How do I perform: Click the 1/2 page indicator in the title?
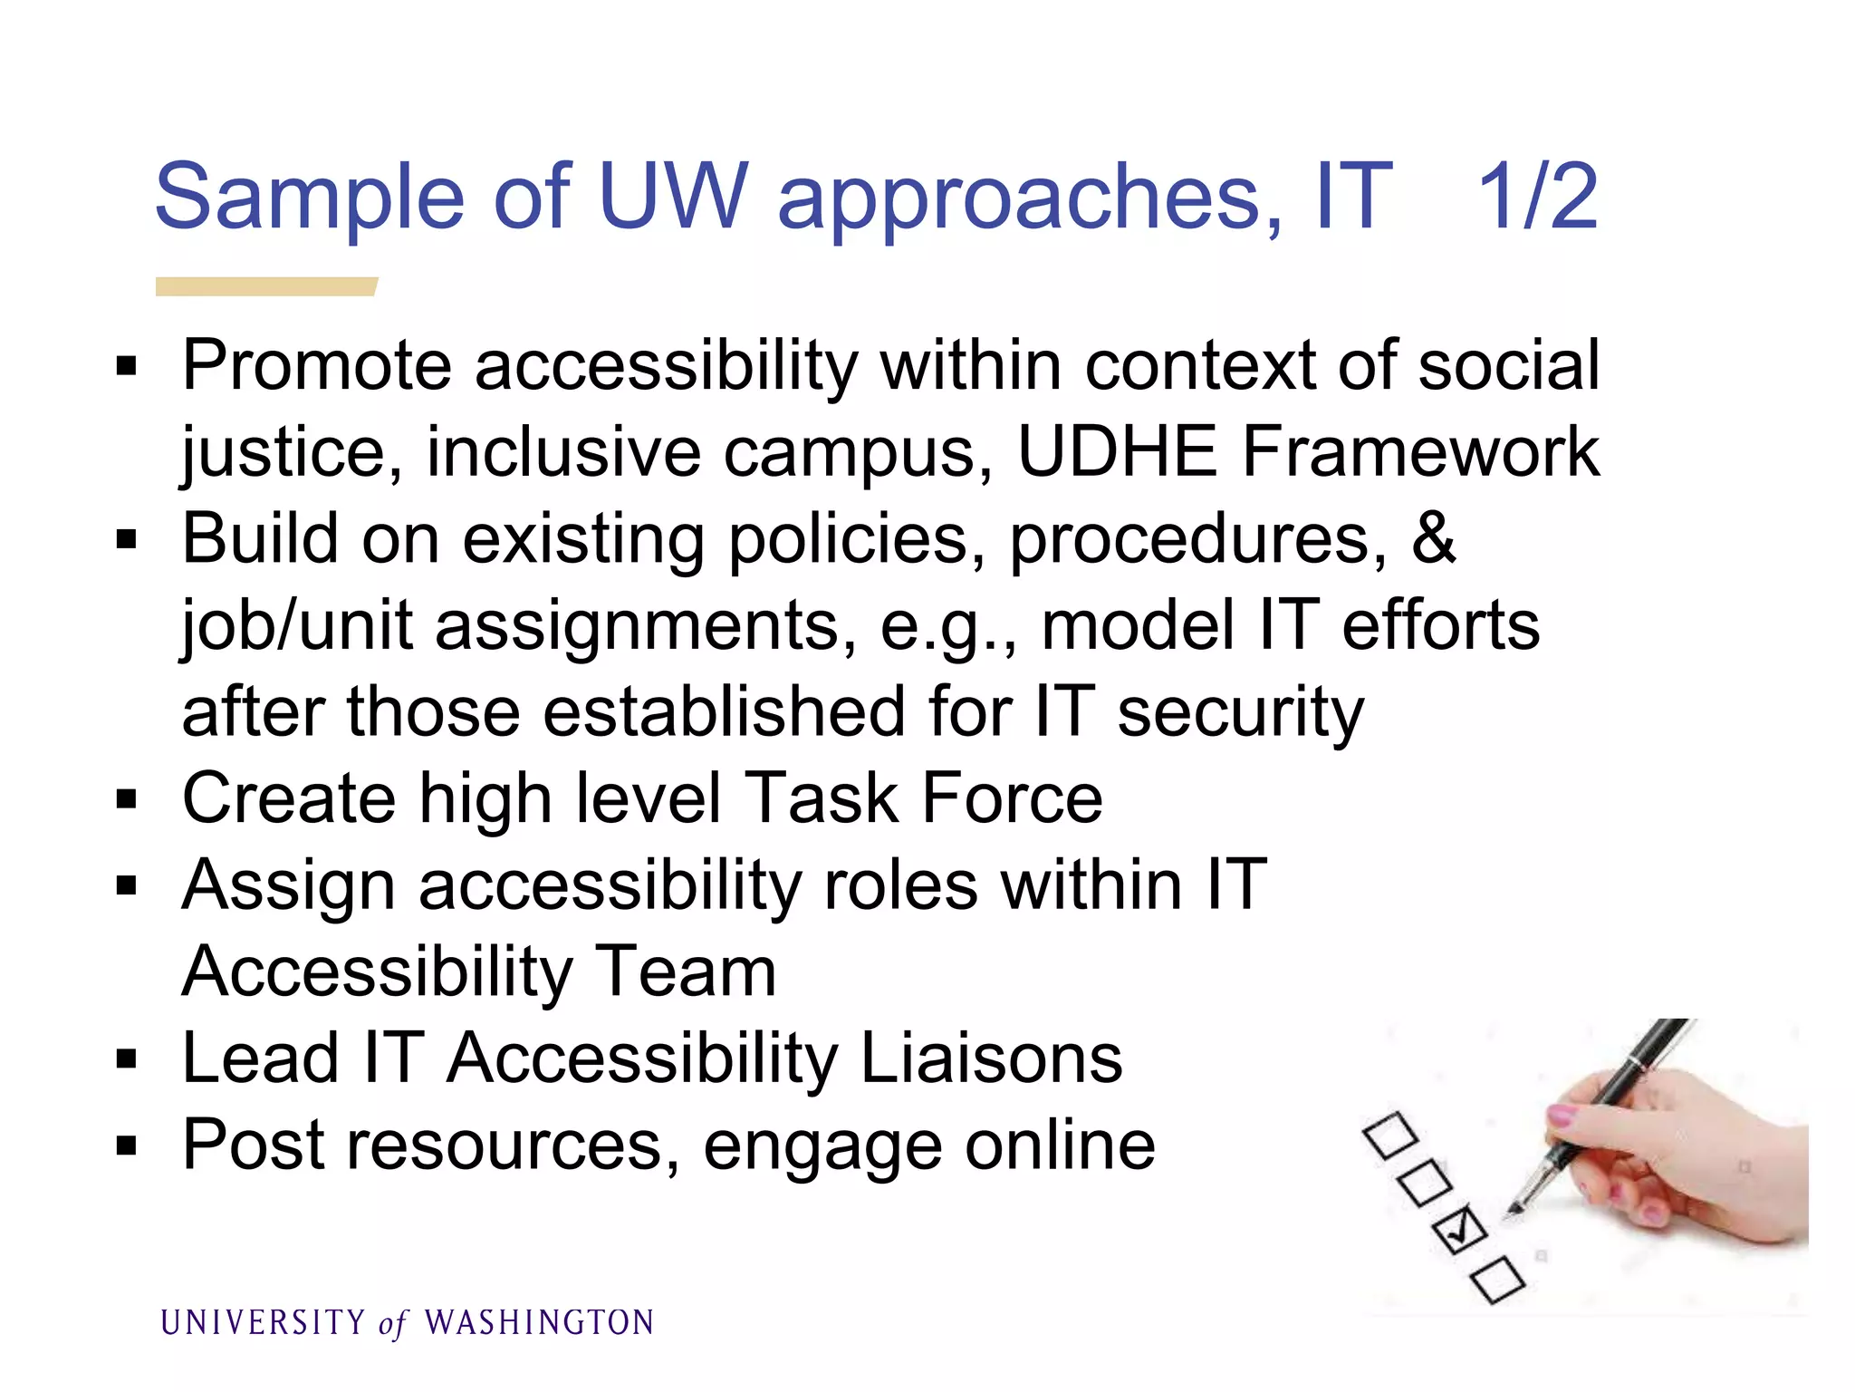(x=1537, y=197)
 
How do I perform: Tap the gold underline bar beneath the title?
(x=265, y=286)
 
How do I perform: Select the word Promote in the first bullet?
(x=316, y=366)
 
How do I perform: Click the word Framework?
(x=1419, y=451)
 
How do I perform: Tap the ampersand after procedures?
(x=1433, y=538)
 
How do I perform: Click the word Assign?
(x=288, y=886)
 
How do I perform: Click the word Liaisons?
(x=991, y=1058)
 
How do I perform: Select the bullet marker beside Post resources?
(x=127, y=1146)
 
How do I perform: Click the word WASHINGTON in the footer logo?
(x=539, y=1323)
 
